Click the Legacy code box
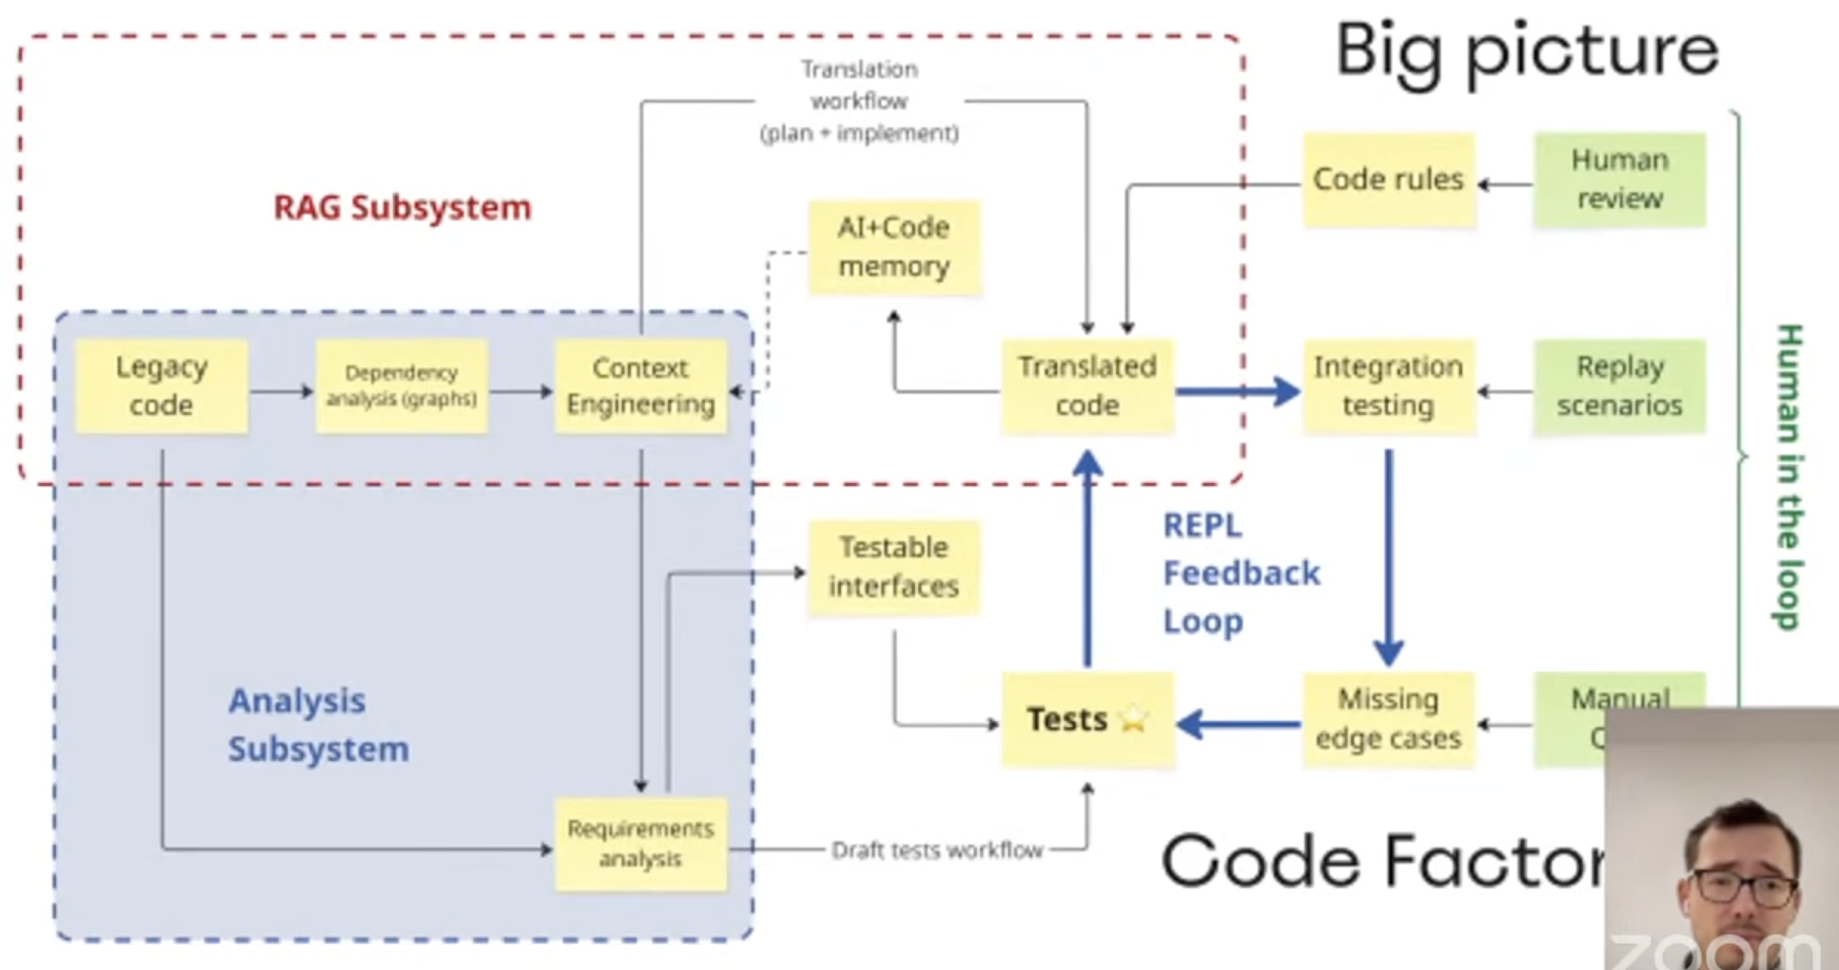pyautogui.click(x=161, y=387)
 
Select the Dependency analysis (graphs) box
pyautogui.click(x=401, y=387)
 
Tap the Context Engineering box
pyautogui.click(x=641, y=387)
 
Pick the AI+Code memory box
pyautogui.click(x=894, y=247)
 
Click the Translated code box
pyautogui.click(x=1087, y=387)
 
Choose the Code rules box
pyautogui.click(x=1389, y=180)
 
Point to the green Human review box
pyautogui.click(x=1619, y=180)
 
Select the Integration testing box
pyautogui.click(x=1389, y=387)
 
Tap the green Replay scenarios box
pyautogui.click(x=1619, y=387)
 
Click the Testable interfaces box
pyautogui.click(x=894, y=567)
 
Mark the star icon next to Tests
pyautogui.click(x=1134, y=719)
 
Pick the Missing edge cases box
pyautogui.click(x=1389, y=719)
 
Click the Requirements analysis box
pyautogui.click(x=641, y=843)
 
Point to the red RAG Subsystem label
pyautogui.click(x=403, y=208)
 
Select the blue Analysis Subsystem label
pyautogui.click(x=318, y=725)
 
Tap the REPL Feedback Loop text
pyautogui.click(x=1241, y=574)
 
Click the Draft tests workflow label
pyautogui.click(x=937, y=850)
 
